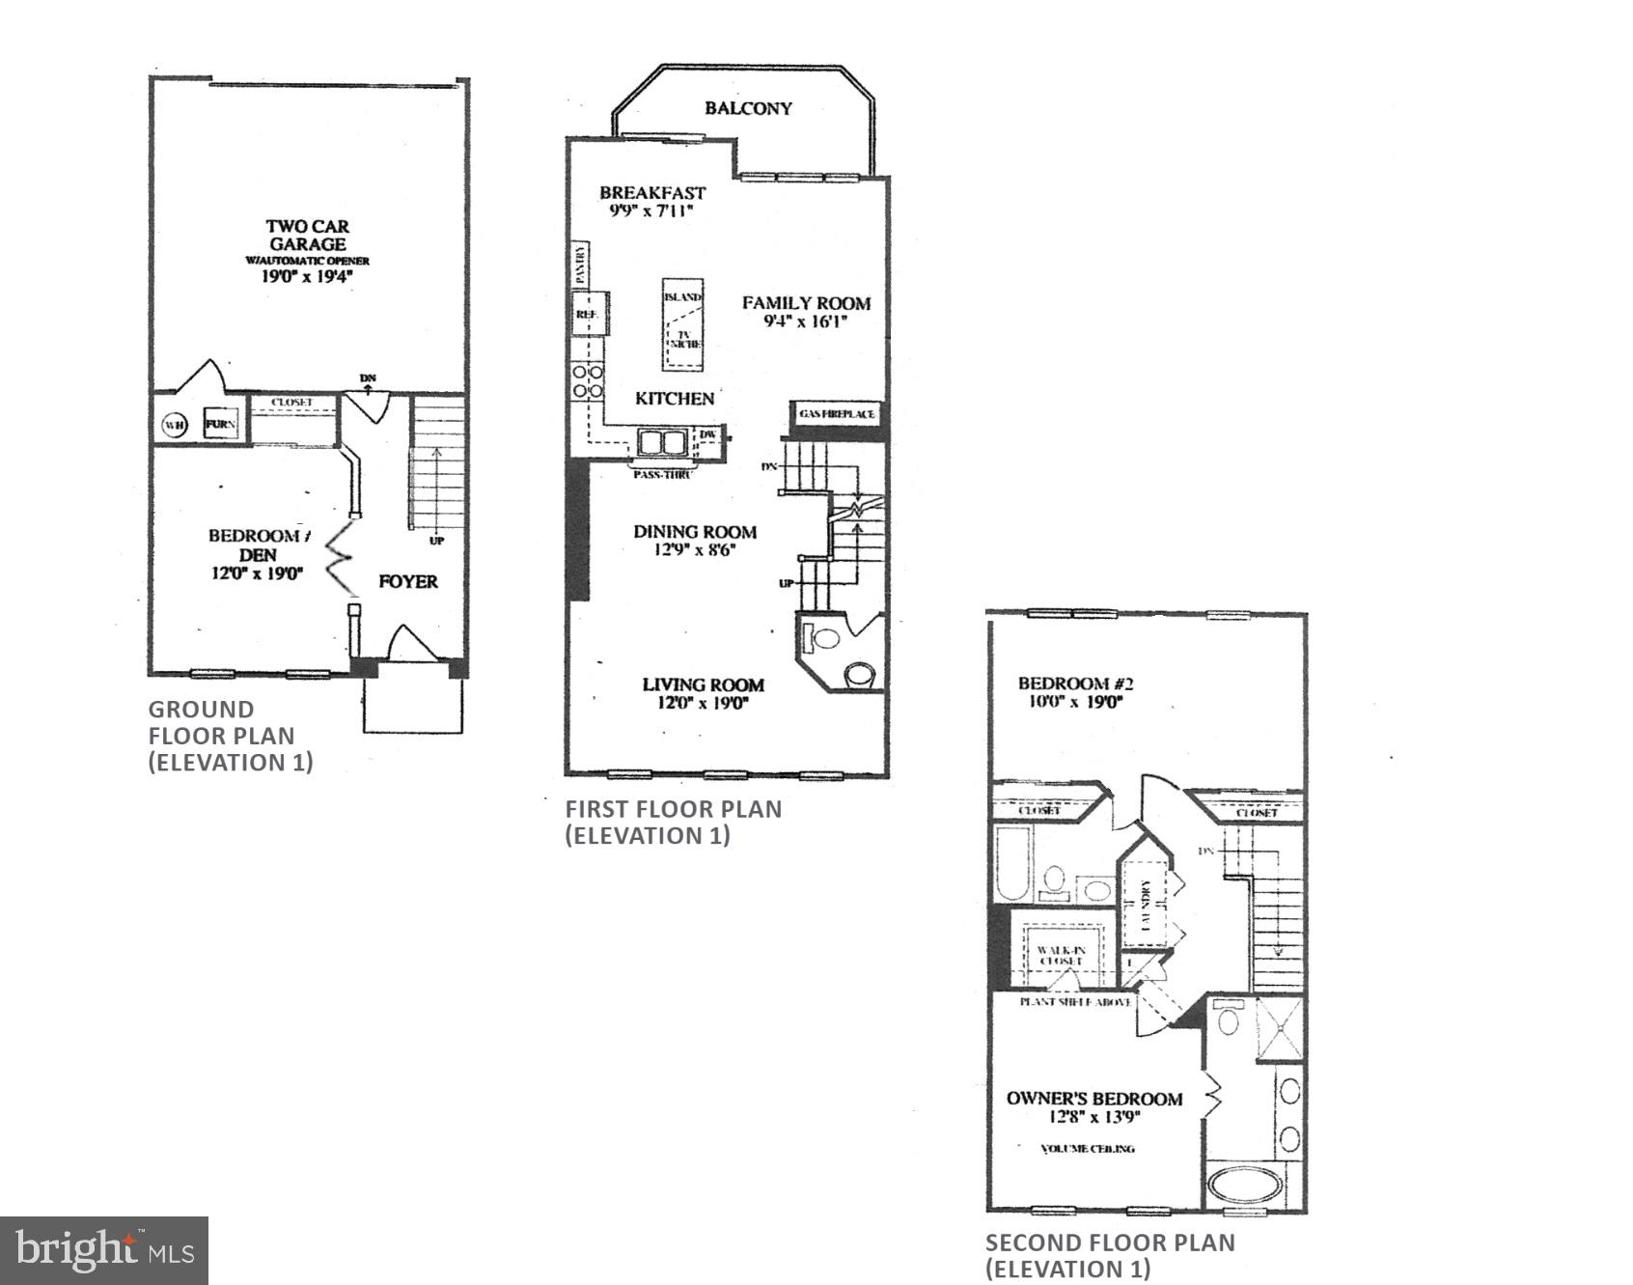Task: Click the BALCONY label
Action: click(748, 108)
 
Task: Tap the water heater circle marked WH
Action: click(175, 425)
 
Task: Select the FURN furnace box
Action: click(221, 424)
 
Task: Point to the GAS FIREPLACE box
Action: click(837, 414)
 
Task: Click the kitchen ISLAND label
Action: click(682, 297)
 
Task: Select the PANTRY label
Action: click(581, 264)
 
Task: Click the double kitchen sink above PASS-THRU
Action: click(662, 443)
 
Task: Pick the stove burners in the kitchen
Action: click(587, 380)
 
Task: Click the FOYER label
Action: click(408, 581)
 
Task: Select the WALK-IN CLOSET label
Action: click(1062, 956)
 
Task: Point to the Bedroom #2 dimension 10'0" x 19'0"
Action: click(1075, 702)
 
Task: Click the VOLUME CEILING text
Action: click(1088, 1149)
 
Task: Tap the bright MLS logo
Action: click(104, 1250)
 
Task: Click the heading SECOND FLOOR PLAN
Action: click(1110, 1243)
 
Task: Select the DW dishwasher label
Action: click(707, 435)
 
